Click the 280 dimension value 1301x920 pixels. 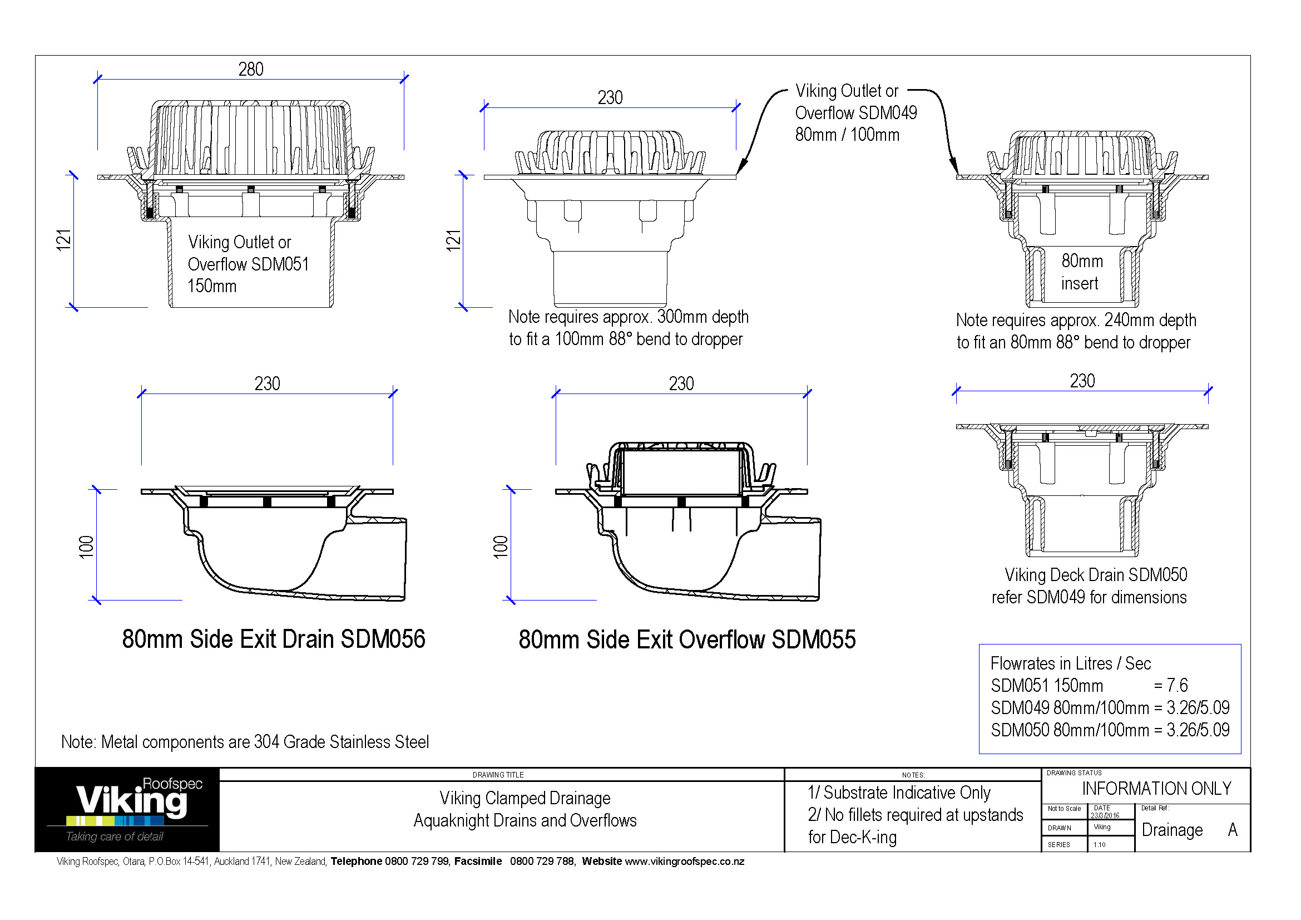click(x=250, y=69)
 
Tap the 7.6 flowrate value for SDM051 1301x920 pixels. click(x=1178, y=685)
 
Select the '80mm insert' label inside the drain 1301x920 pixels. click(x=1081, y=272)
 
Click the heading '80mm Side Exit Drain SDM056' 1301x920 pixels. click(x=273, y=639)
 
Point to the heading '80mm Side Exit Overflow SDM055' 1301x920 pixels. click(x=687, y=639)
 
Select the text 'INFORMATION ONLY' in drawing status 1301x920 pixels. click(x=1156, y=789)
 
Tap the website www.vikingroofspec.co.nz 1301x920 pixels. click(x=685, y=862)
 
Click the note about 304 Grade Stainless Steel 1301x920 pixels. click(x=245, y=741)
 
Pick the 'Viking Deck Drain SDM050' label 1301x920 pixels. click(x=1095, y=575)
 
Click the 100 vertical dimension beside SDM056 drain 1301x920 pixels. click(x=86, y=547)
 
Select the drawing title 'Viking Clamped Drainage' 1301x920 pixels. click(x=525, y=798)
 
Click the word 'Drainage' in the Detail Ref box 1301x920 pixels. click(x=1172, y=830)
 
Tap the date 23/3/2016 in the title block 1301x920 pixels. click(x=1105, y=816)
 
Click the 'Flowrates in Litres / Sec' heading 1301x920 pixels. click(x=1070, y=663)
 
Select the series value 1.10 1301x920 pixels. click(x=1099, y=845)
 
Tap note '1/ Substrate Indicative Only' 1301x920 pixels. click(x=899, y=793)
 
